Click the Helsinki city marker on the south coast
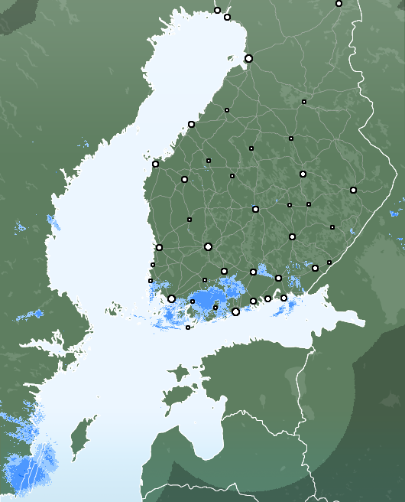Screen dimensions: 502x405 (235, 311)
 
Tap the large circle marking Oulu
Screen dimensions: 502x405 (248, 58)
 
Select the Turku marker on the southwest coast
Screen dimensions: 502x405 (171, 299)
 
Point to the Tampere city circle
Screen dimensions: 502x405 (208, 246)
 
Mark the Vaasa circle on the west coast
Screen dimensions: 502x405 (155, 164)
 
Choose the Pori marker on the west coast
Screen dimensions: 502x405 (159, 247)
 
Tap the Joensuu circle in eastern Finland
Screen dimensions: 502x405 (353, 190)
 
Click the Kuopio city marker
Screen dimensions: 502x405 (303, 174)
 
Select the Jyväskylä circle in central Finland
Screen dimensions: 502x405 (255, 209)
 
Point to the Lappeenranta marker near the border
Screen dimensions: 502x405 (315, 268)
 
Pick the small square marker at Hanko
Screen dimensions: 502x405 (188, 328)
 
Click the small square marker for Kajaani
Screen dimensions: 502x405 (303, 101)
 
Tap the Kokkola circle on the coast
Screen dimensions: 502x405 (191, 124)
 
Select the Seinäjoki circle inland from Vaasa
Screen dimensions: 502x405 (184, 179)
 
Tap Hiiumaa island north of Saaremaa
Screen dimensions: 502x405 (178, 373)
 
